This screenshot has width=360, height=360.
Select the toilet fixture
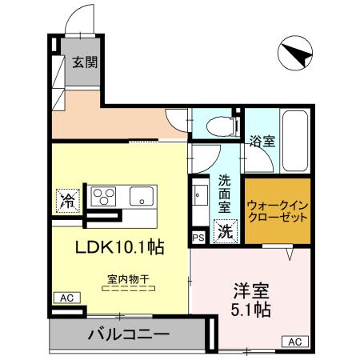coord(220,126)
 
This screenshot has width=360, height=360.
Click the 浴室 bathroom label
coord(263,142)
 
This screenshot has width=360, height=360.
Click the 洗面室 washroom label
coord(226,194)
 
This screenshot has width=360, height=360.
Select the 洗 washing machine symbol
coord(226,232)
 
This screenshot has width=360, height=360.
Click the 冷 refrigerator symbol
coord(70,199)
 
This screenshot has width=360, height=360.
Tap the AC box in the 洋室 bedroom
coord(294,342)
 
